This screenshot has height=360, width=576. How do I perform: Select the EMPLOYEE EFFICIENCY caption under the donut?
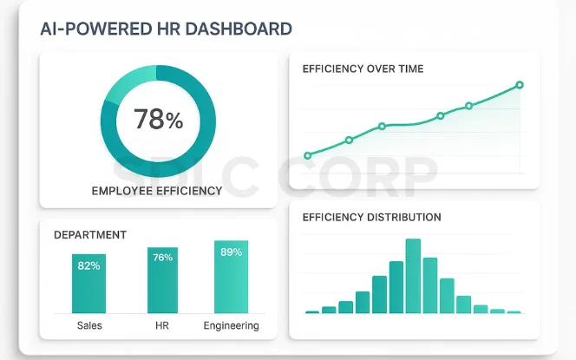click(x=157, y=191)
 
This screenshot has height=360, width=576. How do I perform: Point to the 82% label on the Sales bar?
click(x=88, y=265)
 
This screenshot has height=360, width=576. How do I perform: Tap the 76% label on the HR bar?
click(x=162, y=257)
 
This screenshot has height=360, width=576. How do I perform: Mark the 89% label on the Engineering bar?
click(x=231, y=252)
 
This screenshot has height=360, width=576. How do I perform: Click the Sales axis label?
click(x=88, y=325)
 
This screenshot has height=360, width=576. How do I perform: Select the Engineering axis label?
click(x=231, y=325)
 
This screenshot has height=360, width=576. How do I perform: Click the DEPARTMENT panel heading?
click(x=90, y=235)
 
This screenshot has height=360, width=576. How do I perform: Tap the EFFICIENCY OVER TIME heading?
click(x=363, y=68)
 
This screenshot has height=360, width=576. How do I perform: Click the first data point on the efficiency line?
click(x=307, y=156)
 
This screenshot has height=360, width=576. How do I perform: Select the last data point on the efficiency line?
click(x=520, y=85)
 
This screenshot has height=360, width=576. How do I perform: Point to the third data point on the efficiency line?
click(x=382, y=127)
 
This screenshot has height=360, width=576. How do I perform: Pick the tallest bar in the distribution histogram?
click(x=413, y=276)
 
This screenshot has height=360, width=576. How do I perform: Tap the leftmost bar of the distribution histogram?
click(x=312, y=311)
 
